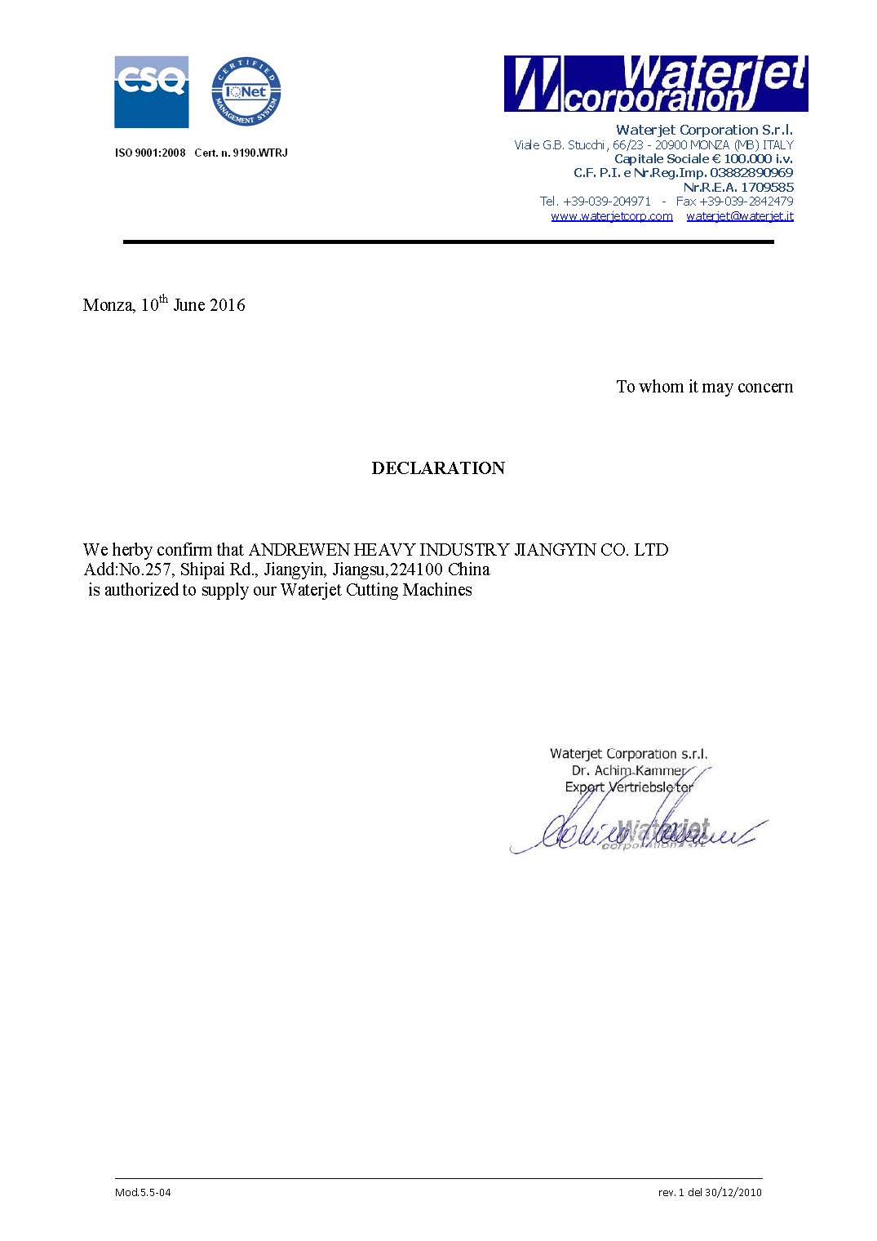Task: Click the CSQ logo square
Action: [151, 91]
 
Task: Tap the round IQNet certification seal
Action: [246, 91]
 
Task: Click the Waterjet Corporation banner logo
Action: [655, 83]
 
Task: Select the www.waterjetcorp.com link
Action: [612, 216]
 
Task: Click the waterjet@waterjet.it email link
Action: [740, 216]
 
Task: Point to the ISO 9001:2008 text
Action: [150, 153]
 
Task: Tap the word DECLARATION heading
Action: [438, 468]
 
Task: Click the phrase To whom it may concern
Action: [704, 387]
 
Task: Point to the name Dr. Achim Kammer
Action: [628, 770]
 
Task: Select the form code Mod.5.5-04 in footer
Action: [143, 1192]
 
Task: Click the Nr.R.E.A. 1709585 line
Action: [737, 187]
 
